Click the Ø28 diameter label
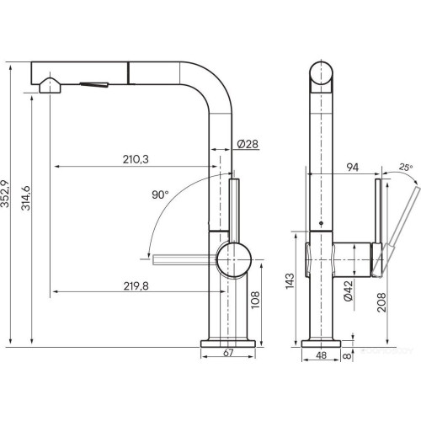tap(247, 144)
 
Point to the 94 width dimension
tap(351, 168)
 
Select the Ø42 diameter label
tap(347, 291)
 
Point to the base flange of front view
tap(227, 341)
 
